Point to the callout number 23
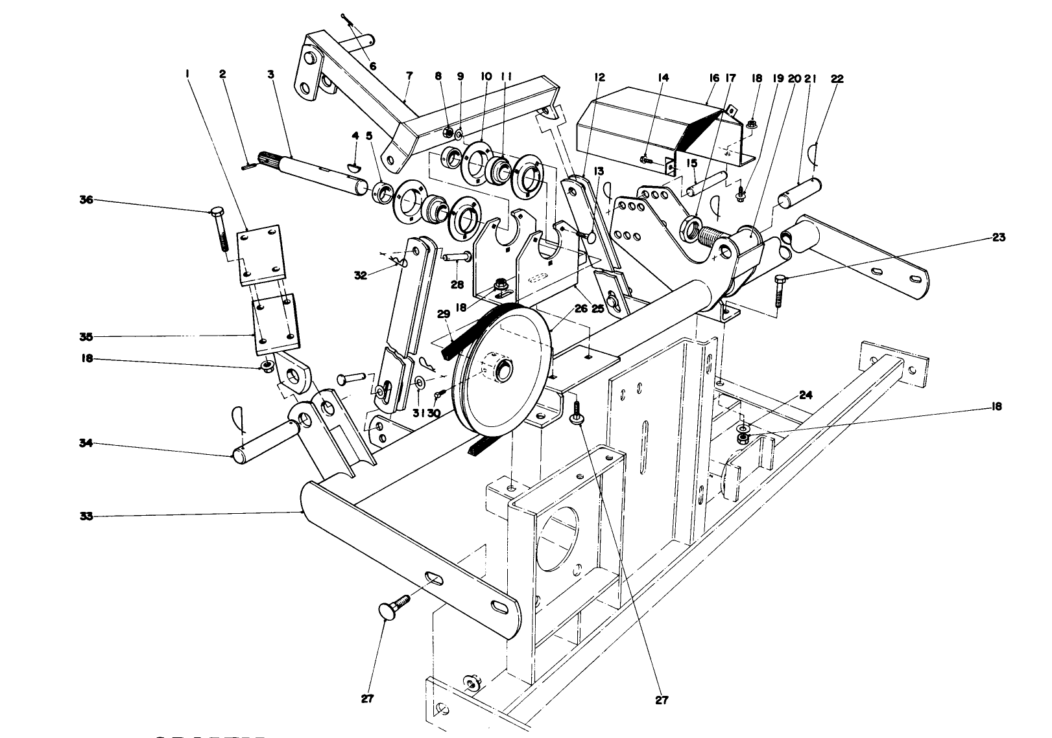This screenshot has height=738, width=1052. (998, 238)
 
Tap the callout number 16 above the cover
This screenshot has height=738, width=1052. (714, 78)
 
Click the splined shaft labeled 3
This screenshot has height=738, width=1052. (318, 172)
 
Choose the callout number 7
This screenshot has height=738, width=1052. (409, 76)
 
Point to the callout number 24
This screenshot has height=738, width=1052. (806, 395)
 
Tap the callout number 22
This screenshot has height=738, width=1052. (837, 78)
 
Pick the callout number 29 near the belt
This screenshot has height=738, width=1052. (444, 314)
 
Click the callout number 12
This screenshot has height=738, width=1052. (599, 78)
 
